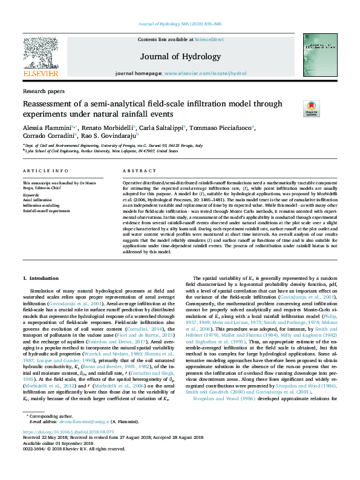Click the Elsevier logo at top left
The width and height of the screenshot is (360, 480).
[40, 57]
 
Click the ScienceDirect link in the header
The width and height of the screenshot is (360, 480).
[209, 39]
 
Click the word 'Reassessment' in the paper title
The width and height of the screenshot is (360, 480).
[49, 104]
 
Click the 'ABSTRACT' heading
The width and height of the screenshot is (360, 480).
[139, 172]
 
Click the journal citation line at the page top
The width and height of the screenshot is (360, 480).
[180, 24]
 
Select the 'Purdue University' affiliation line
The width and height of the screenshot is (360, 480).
[109, 151]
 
